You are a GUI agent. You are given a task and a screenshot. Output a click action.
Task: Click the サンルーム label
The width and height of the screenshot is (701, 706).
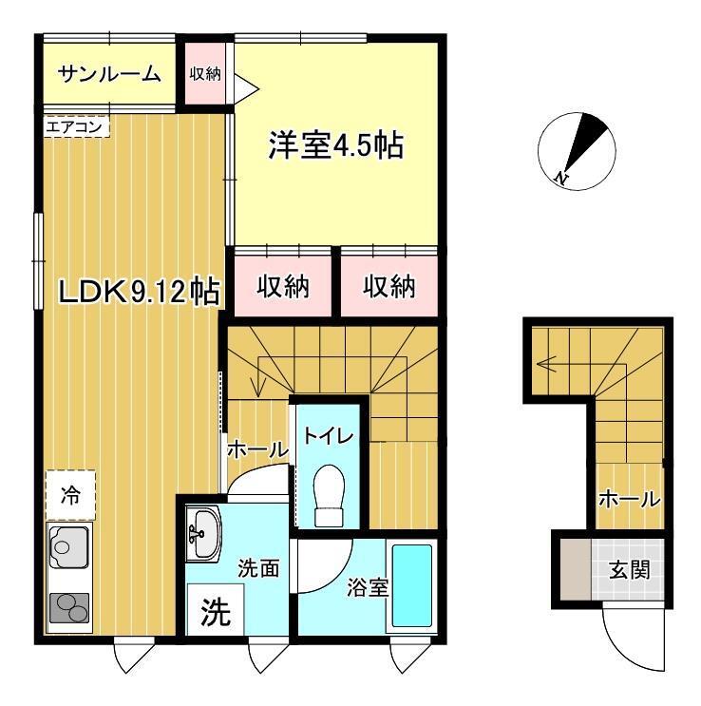pos(109,74)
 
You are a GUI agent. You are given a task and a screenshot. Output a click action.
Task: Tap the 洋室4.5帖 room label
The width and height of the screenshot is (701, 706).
pos(336,145)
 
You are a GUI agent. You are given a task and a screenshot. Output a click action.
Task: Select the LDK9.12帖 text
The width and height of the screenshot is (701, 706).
pos(139,292)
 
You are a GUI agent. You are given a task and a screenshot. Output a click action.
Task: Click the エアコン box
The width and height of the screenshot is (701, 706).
pos(77,126)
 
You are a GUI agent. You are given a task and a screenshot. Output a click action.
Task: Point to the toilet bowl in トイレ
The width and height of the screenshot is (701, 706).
pos(329,494)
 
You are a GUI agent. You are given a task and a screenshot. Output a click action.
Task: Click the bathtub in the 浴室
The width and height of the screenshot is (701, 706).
pos(412,585)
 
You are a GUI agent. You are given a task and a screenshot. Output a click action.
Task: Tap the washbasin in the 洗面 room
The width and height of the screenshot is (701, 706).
pos(203,534)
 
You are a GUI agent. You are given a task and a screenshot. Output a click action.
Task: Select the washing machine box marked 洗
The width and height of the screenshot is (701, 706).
pos(216,609)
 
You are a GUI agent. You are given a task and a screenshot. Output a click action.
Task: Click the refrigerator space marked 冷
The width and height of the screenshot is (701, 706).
pos(70,495)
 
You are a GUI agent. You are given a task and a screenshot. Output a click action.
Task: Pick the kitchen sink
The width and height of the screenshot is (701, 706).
pos(68,547)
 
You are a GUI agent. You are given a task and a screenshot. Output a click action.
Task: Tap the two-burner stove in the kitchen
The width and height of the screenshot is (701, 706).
pos(69,608)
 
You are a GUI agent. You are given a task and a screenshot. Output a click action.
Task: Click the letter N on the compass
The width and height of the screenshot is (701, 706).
pos(561,178)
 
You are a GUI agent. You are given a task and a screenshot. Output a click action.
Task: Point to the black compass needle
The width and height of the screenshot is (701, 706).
pos(585,141)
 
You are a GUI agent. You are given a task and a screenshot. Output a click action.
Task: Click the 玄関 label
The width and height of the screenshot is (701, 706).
pos(630,570)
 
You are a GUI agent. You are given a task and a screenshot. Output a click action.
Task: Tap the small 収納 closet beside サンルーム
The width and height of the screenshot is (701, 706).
pos(205,73)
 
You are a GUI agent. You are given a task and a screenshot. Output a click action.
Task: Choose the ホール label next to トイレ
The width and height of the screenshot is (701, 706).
pos(257,449)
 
